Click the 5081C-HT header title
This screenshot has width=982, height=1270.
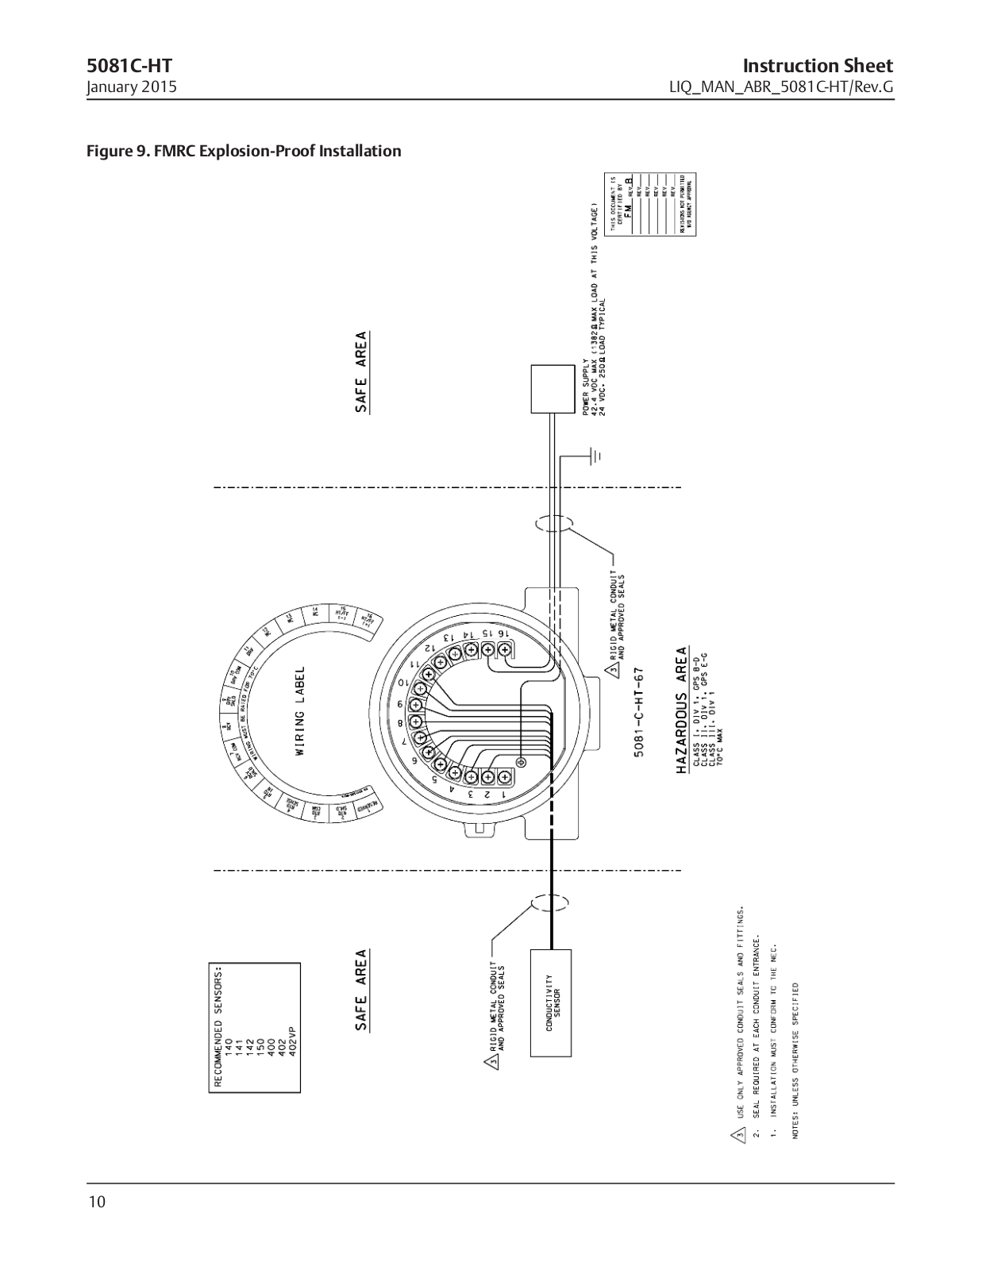[x=129, y=66]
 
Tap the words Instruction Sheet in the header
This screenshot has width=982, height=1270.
[x=818, y=66]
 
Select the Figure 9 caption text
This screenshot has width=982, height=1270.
[x=244, y=151]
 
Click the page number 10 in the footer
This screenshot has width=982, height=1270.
[x=96, y=1202]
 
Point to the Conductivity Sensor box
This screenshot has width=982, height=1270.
[x=552, y=1003]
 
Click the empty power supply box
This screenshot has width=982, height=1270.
[x=552, y=389]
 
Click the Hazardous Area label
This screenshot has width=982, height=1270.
[x=681, y=711]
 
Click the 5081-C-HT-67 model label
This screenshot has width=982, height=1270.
[x=639, y=712]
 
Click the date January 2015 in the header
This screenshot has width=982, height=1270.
[x=132, y=87]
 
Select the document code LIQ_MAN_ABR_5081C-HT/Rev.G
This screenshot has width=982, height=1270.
[x=782, y=87]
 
